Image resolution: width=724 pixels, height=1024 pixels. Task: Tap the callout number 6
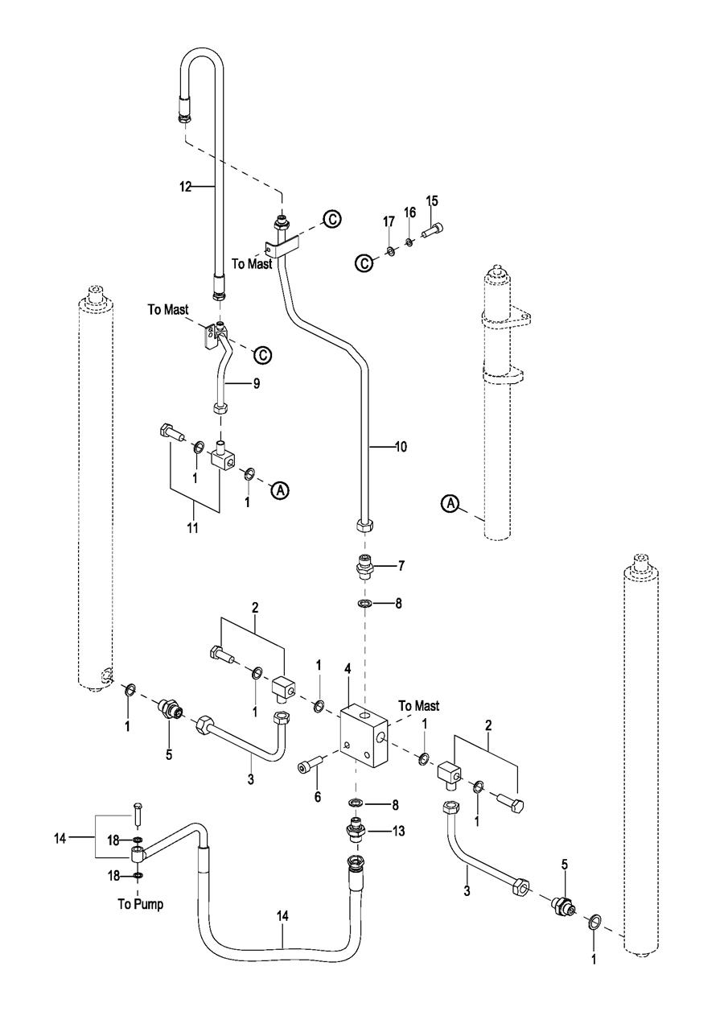click(x=317, y=796)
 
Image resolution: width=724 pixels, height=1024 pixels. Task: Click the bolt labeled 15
click(x=431, y=230)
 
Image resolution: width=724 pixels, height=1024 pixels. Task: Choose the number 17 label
click(x=389, y=221)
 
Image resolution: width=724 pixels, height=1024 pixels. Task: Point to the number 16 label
click(x=409, y=212)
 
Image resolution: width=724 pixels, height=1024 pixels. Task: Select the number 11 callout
click(x=193, y=529)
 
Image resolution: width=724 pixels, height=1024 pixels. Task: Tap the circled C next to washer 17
click(x=364, y=262)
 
